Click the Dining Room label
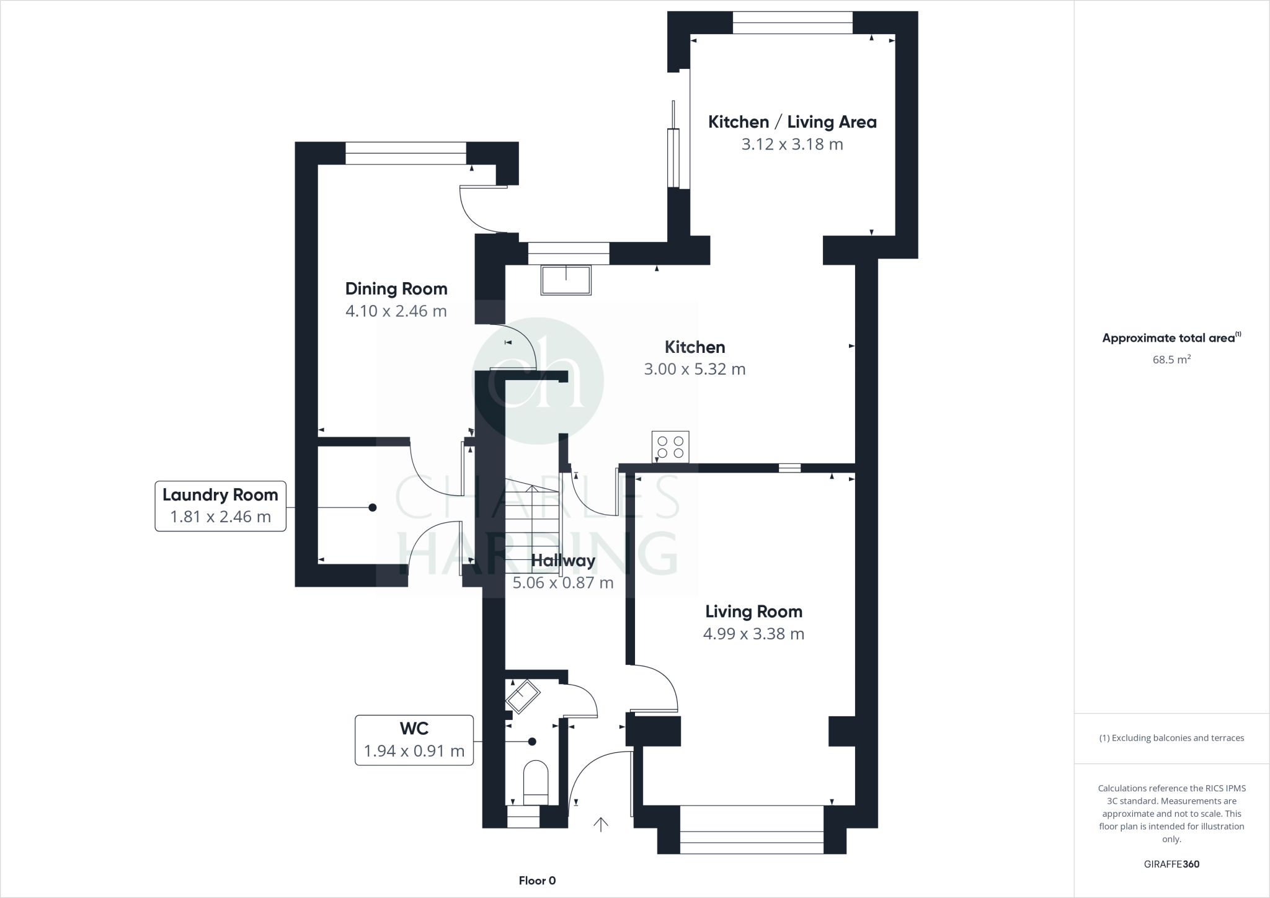click(396, 289)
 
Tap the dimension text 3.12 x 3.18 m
click(792, 144)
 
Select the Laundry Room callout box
click(220, 505)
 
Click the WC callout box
click(414, 740)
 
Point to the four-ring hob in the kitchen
click(670, 447)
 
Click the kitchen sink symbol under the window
click(566, 280)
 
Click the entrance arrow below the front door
click(600, 824)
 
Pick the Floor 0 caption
click(537, 881)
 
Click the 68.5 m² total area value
click(1171, 360)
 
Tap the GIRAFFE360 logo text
click(1171, 864)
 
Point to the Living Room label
click(753, 612)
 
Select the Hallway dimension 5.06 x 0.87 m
click(562, 583)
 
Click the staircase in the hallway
click(532, 521)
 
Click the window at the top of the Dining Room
click(406, 153)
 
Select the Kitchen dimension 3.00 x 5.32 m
click(695, 370)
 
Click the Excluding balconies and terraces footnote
click(1171, 738)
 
